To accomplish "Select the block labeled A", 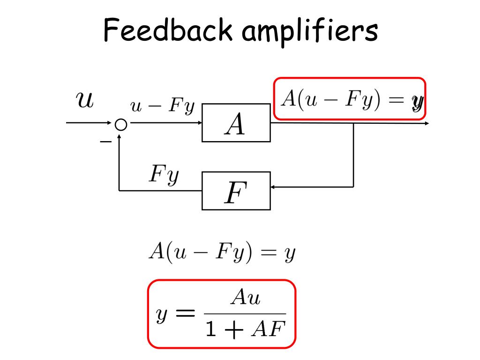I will (x=236, y=123).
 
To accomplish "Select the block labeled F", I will (x=236, y=191).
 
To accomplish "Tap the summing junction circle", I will (x=120, y=124).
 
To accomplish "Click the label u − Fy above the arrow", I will (x=162, y=107).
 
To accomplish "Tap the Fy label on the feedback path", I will (x=164, y=175).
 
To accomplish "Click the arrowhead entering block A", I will (x=200, y=123).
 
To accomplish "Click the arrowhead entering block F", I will (x=273, y=187).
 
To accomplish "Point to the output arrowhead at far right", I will (x=427, y=123).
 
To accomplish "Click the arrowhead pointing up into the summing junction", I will (x=120, y=135).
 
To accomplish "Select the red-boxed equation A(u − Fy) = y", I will (x=349, y=99).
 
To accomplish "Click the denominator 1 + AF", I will (x=246, y=330).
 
